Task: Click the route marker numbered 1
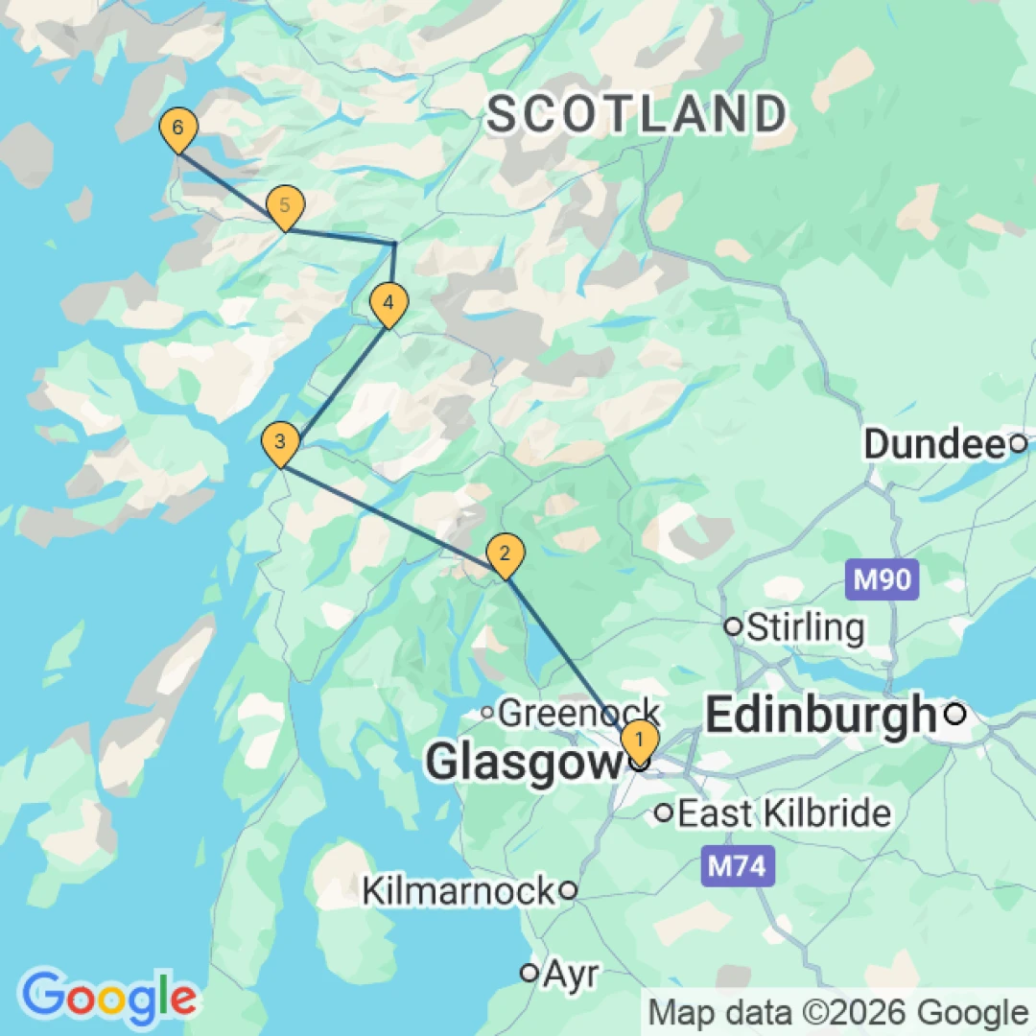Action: (639, 741)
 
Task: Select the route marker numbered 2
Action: (506, 553)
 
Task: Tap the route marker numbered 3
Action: (279, 442)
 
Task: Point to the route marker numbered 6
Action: (177, 128)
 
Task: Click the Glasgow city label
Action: (524, 764)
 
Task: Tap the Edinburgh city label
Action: (820, 715)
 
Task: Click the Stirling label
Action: (805, 627)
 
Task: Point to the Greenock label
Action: (578, 713)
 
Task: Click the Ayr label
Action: (571, 974)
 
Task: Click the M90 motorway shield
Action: (883, 579)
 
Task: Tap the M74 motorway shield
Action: (737, 866)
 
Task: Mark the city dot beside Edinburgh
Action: (955, 715)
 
